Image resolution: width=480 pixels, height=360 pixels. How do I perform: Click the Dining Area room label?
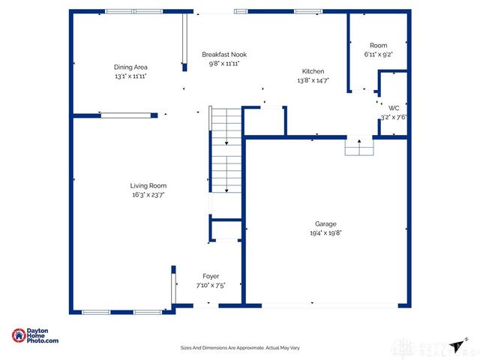click(130, 67)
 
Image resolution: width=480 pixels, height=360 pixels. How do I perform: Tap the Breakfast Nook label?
click(224, 54)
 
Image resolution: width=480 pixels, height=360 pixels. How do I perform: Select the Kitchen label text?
click(313, 70)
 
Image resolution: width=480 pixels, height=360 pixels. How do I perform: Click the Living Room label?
click(148, 185)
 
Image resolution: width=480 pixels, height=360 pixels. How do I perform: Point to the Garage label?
click(325, 223)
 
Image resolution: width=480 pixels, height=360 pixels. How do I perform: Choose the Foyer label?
click(211, 276)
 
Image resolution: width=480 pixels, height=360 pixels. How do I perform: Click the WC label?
click(394, 107)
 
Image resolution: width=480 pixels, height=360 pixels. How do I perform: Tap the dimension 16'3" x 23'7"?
click(148, 194)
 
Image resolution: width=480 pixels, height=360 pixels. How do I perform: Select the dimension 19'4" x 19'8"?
click(325, 232)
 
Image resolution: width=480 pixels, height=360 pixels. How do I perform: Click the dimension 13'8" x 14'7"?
click(313, 79)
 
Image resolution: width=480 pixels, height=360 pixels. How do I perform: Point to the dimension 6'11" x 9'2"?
click(379, 54)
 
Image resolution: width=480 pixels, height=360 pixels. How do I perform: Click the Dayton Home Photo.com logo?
click(35, 336)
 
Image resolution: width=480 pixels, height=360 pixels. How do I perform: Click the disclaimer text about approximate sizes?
click(239, 348)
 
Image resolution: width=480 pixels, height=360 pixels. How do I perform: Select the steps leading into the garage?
click(358, 148)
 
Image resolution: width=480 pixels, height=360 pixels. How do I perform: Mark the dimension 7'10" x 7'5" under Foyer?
click(211, 285)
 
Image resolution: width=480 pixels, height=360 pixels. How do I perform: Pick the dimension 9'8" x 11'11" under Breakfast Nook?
click(224, 64)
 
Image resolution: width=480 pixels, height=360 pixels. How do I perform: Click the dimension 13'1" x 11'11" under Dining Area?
click(130, 76)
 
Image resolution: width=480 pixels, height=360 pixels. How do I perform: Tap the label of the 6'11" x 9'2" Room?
click(379, 45)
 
